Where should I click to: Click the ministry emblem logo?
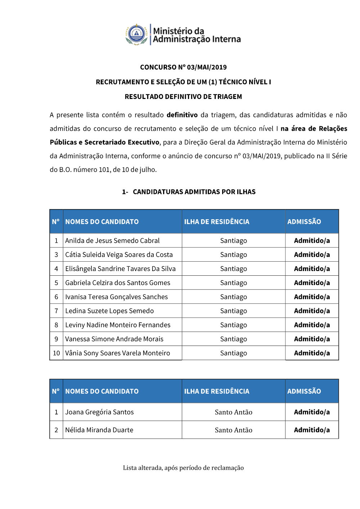[x=137, y=35]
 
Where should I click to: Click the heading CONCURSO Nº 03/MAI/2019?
[x=183, y=67]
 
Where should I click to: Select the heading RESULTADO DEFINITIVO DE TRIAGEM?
[x=183, y=97]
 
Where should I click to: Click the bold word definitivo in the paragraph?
[x=182, y=115]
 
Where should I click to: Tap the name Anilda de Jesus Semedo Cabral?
[x=112, y=241]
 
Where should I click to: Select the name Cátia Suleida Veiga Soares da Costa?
[x=119, y=255]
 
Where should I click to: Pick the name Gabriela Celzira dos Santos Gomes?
[x=118, y=283]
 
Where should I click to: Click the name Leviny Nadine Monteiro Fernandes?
[x=118, y=325]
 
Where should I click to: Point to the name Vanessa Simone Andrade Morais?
[x=114, y=339]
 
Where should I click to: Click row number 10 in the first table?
[x=57, y=353]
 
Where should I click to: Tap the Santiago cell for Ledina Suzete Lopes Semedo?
[x=234, y=311]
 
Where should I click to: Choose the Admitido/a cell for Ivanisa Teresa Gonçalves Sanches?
[x=312, y=297]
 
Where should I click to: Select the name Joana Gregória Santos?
[x=99, y=412]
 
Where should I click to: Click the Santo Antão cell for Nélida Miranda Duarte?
[x=234, y=430]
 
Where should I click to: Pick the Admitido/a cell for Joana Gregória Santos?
[x=312, y=412]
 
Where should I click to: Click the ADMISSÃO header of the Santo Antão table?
[x=304, y=391]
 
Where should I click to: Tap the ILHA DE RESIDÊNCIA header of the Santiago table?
[x=217, y=222]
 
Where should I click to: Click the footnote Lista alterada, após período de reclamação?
[x=183, y=468]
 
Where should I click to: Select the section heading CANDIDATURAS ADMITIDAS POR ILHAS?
[x=194, y=192]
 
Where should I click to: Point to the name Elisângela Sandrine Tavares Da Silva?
[x=120, y=269]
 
